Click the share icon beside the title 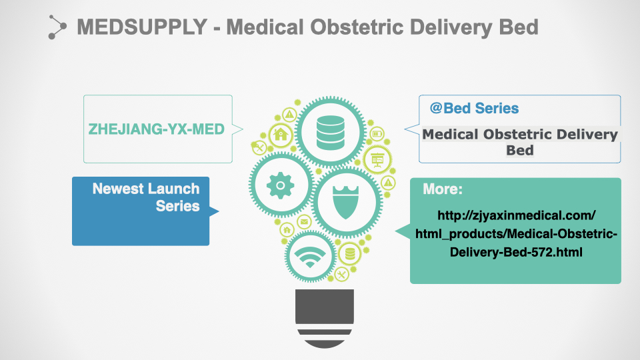click(x=57, y=27)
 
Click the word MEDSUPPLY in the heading click(x=142, y=27)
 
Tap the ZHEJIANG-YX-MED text click(x=156, y=129)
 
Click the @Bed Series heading click(x=474, y=108)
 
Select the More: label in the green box click(x=443, y=189)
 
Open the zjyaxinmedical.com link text click(x=516, y=233)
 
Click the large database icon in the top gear click(x=330, y=132)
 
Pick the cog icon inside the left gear click(x=281, y=185)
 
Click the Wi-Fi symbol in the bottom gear click(x=310, y=257)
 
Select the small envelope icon click(x=304, y=221)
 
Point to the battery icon click(x=377, y=133)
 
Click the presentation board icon click(x=377, y=159)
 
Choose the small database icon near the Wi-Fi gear click(x=350, y=254)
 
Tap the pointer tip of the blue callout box click(x=219, y=211)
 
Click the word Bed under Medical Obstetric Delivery click(x=519, y=150)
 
